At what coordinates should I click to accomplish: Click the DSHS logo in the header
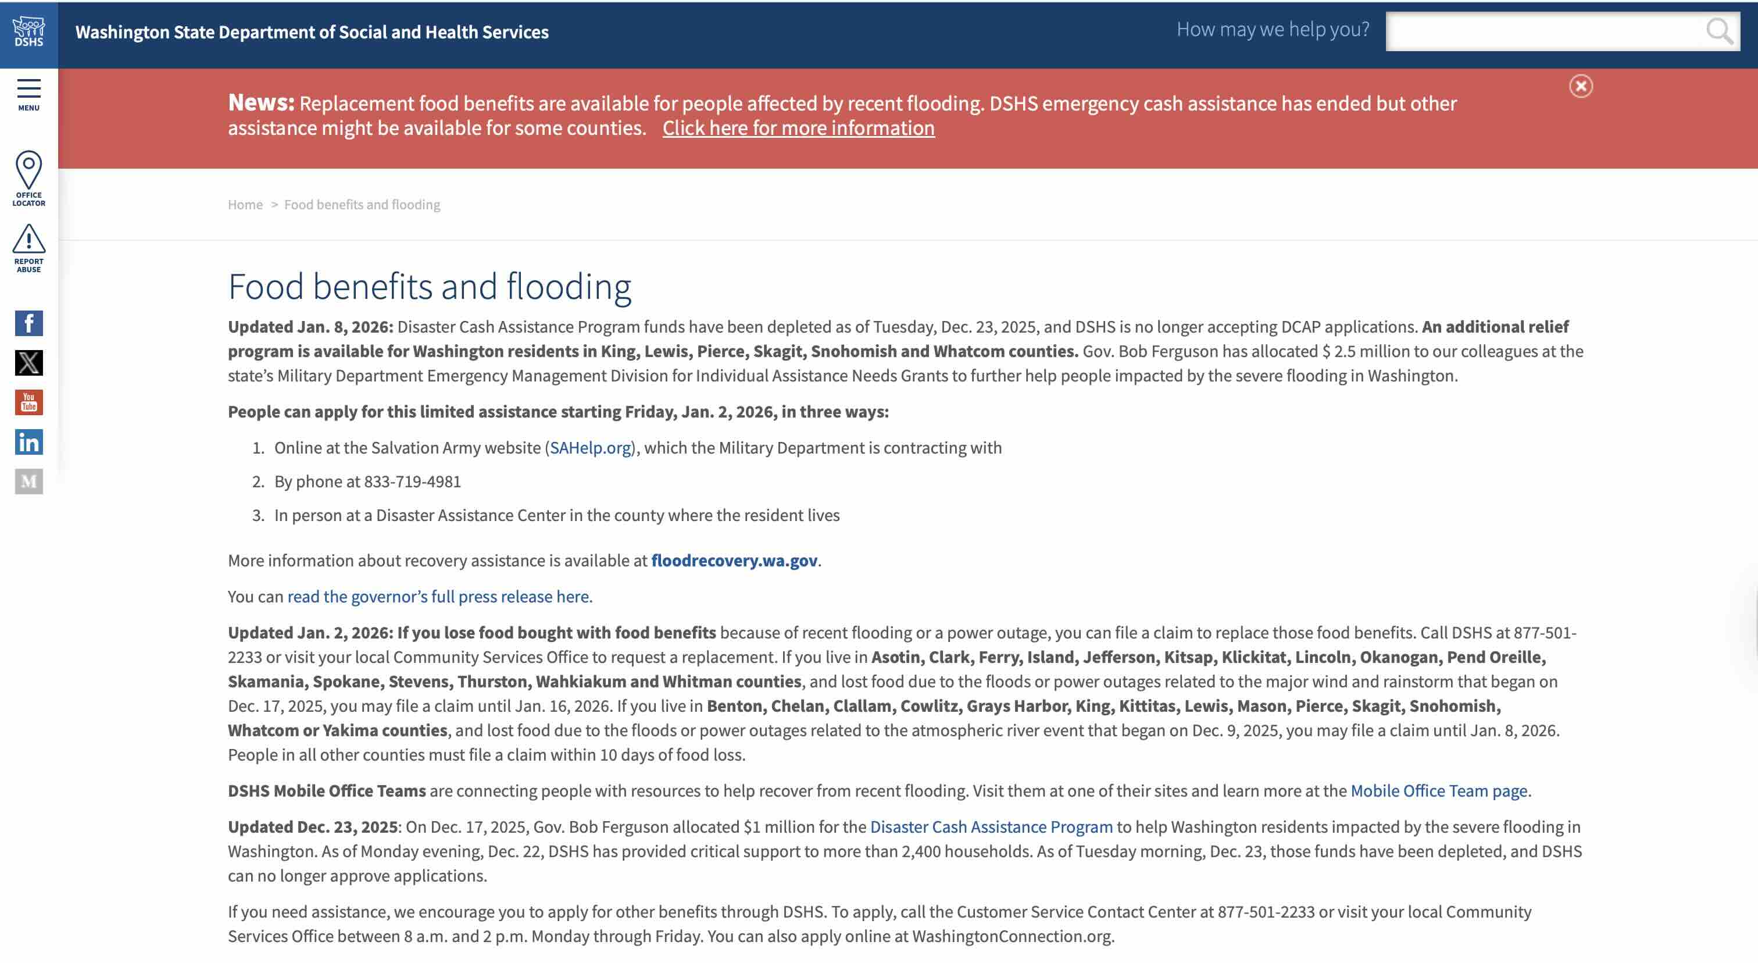tap(28, 32)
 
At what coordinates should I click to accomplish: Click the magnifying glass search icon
tap(1718, 31)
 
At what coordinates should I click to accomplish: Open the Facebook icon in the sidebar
tap(28, 323)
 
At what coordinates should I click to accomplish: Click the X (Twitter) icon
tap(28, 363)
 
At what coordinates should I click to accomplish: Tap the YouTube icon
tap(28, 402)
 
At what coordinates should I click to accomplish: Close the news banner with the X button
tap(1581, 86)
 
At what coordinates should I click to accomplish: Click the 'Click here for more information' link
tap(798, 129)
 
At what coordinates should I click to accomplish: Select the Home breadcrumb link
tap(245, 205)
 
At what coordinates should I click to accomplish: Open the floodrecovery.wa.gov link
tap(734, 561)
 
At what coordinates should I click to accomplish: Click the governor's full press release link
tap(440, 597)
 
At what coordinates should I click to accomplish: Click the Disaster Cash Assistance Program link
tap(991, 826)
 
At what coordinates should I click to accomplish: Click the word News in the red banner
tap(260, 102)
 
